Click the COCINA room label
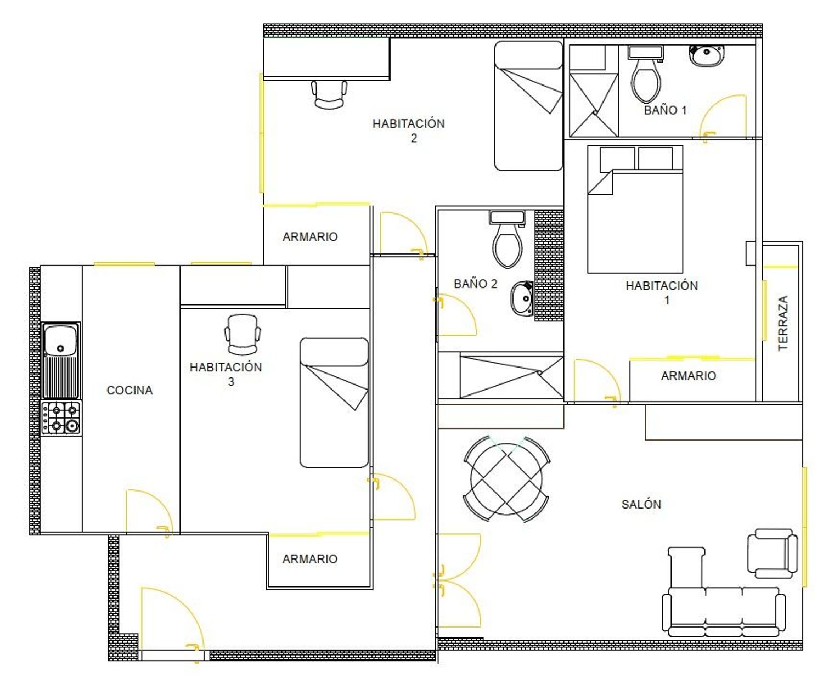(129, 390)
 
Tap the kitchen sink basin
(60, 340)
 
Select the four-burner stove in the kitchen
(61, 418)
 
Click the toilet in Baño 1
(646, 75)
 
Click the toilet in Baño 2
(508, 240)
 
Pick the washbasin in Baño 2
(522, 299)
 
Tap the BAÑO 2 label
(475, 284)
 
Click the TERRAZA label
(782, 323)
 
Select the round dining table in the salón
(506, 479)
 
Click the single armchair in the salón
(772, 554)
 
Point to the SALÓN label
(641, 504)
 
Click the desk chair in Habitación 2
(329, 94)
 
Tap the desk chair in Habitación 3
(243, 335)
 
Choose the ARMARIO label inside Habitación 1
(688, 376)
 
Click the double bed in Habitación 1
(635, 209)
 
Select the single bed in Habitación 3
(334, 402)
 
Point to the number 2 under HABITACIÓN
(414, 138)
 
